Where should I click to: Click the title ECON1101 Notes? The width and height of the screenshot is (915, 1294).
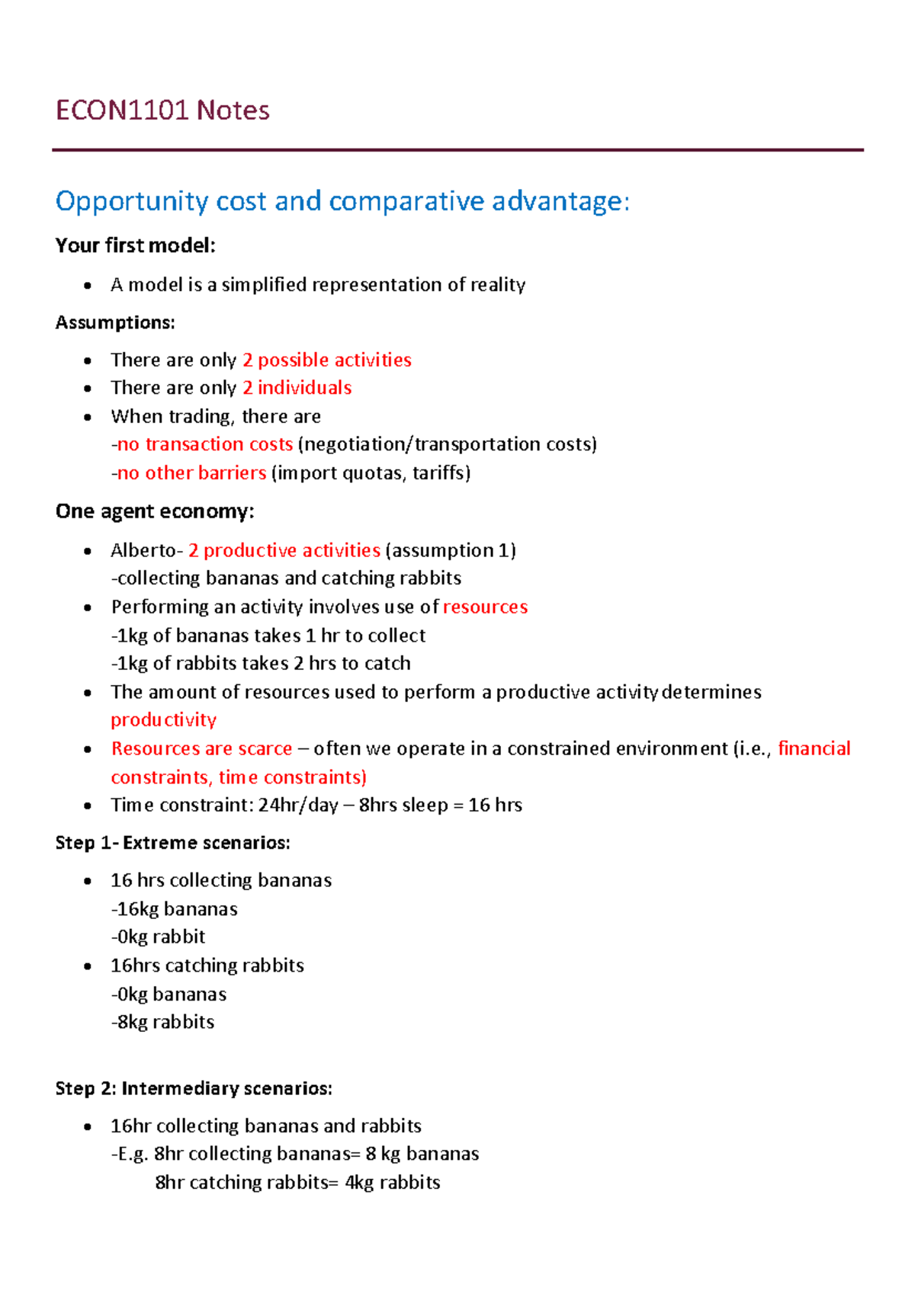pos(162,111)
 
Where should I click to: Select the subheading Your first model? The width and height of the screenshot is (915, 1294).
pos(135,245)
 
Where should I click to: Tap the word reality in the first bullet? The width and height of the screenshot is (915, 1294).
pos(497,285)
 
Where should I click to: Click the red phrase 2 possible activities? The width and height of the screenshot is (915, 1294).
pos(326,360)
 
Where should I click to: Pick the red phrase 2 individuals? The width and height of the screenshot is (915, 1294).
pos(297,388)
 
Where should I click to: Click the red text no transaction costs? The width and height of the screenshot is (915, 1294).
pos(204,444)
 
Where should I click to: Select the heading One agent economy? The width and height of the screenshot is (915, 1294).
pos(154,511)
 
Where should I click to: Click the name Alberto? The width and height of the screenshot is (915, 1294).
pos(143,550)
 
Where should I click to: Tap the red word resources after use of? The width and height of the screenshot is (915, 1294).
pos(485,607)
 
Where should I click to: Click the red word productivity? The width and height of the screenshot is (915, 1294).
pos(163,720)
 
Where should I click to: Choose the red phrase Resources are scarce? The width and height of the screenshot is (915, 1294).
pos(201,748)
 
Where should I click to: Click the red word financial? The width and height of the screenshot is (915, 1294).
pos(814,748)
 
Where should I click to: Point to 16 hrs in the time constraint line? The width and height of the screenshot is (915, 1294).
pos(495,806)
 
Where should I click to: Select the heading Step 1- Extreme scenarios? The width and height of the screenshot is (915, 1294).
pos(172,843)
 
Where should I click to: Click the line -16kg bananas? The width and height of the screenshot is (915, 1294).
pos(175,909)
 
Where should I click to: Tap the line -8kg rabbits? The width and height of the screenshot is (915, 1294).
pos(163,1022)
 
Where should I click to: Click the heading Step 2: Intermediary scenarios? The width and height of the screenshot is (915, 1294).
pos(194,1088)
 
